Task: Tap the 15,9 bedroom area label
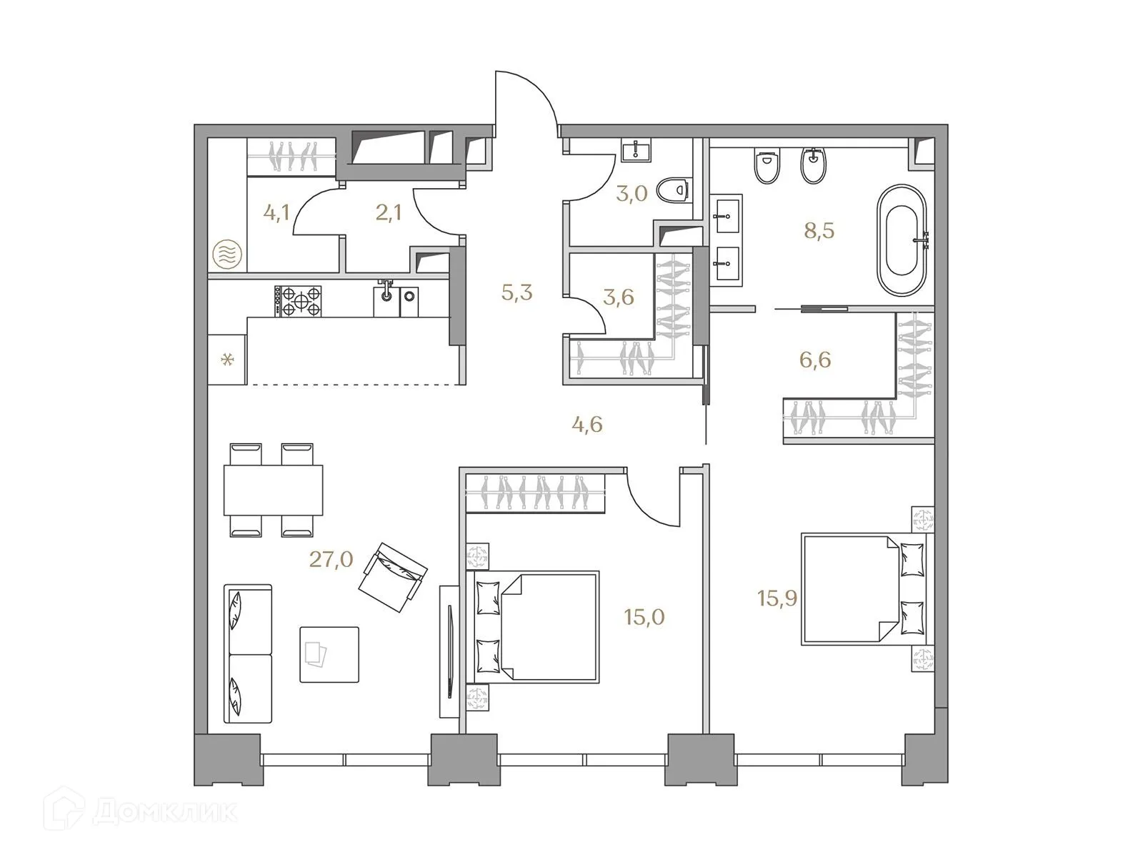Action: click(x=777, y=598)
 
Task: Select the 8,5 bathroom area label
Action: click(x=819, y=231)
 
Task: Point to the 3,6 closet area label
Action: click(x=618, y=296)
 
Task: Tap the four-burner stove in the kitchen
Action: click(x=298, y=301)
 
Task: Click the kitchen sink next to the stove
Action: click(x=386, y=300)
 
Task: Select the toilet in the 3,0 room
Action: click(x=672, y=190)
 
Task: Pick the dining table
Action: click(x=273, y=490)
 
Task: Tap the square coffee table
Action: click(x=329, y=654)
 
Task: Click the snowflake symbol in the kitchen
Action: click(x=227, y=360)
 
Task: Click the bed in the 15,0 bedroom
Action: click(x=536, y=626)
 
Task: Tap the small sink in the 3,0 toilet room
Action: click(x=634, y=151)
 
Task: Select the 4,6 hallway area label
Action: click(x=587, y=425)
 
